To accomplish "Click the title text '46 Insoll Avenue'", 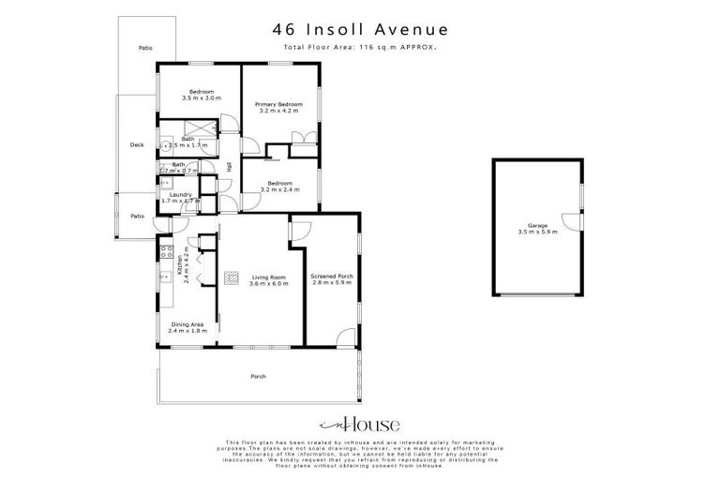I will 359,30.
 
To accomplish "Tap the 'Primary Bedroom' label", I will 278,104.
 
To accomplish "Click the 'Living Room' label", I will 268,277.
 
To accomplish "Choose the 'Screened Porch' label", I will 331,277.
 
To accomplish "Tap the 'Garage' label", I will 536,225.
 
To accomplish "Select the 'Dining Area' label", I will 186,324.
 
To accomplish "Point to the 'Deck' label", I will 137,145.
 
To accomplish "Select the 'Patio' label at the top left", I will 144,47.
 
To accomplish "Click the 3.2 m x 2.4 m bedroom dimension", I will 278,189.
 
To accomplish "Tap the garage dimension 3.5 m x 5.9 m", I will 536,232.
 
